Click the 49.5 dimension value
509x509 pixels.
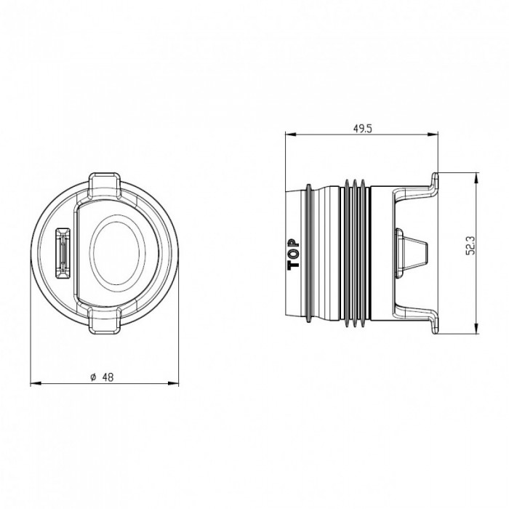click(x=362, y=129)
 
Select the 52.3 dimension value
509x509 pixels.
click(x=470, y=245)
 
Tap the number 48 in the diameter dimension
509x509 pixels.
click(x=108, y=377)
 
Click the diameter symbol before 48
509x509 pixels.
click(x=94, y=377)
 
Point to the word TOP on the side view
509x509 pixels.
click(x=294, y=254)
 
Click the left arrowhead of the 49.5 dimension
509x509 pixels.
click(x=291, y=134)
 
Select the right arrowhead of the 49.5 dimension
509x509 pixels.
click(x=433, y=134)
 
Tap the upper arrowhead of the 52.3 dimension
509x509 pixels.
click(x=476, y=179)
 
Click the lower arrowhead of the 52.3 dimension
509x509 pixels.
click(x=476, y=328)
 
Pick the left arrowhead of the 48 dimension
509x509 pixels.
click(x=36, y=384)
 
